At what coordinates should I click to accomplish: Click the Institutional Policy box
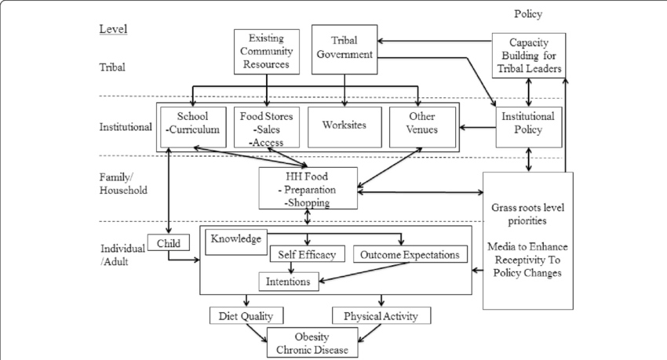pos(528,124)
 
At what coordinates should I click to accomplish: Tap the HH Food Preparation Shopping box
pos(307,189)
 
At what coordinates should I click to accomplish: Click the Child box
pos(169,243)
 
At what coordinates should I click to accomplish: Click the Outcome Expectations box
pos(410,255)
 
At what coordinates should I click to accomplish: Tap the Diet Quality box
pos(246,316)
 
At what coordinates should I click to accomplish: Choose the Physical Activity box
pos(381,316)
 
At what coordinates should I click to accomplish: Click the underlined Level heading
pos(113,29)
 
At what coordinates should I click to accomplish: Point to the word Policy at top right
pos(527,14)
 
